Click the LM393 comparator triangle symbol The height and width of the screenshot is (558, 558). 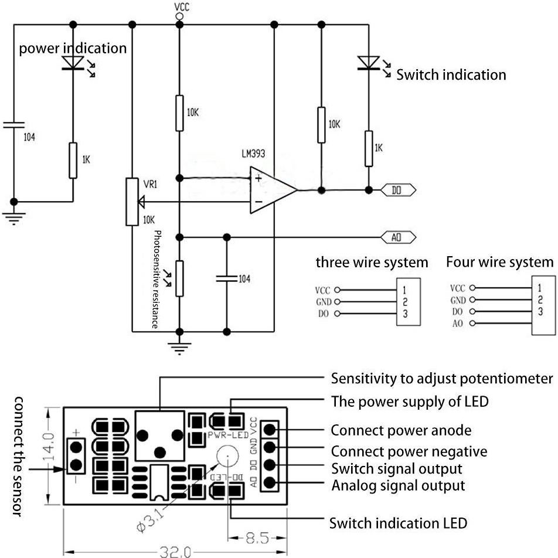[x=271, y=189]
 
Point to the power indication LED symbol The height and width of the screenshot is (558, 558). [x=73, y=61]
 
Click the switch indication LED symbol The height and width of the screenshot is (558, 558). [x=369, y=62]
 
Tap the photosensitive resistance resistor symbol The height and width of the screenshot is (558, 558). [x=179, y=278]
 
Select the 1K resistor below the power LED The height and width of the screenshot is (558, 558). [x=73, y=159]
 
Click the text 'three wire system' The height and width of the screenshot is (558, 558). [x=372, y=262]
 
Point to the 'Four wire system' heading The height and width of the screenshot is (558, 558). [x=499, y=261]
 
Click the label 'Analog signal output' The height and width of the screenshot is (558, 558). [x=398, y=485]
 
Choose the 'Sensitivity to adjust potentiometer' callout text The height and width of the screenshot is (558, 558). [x=441, y=378]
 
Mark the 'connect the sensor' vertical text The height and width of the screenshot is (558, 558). [x=18, y=457]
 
